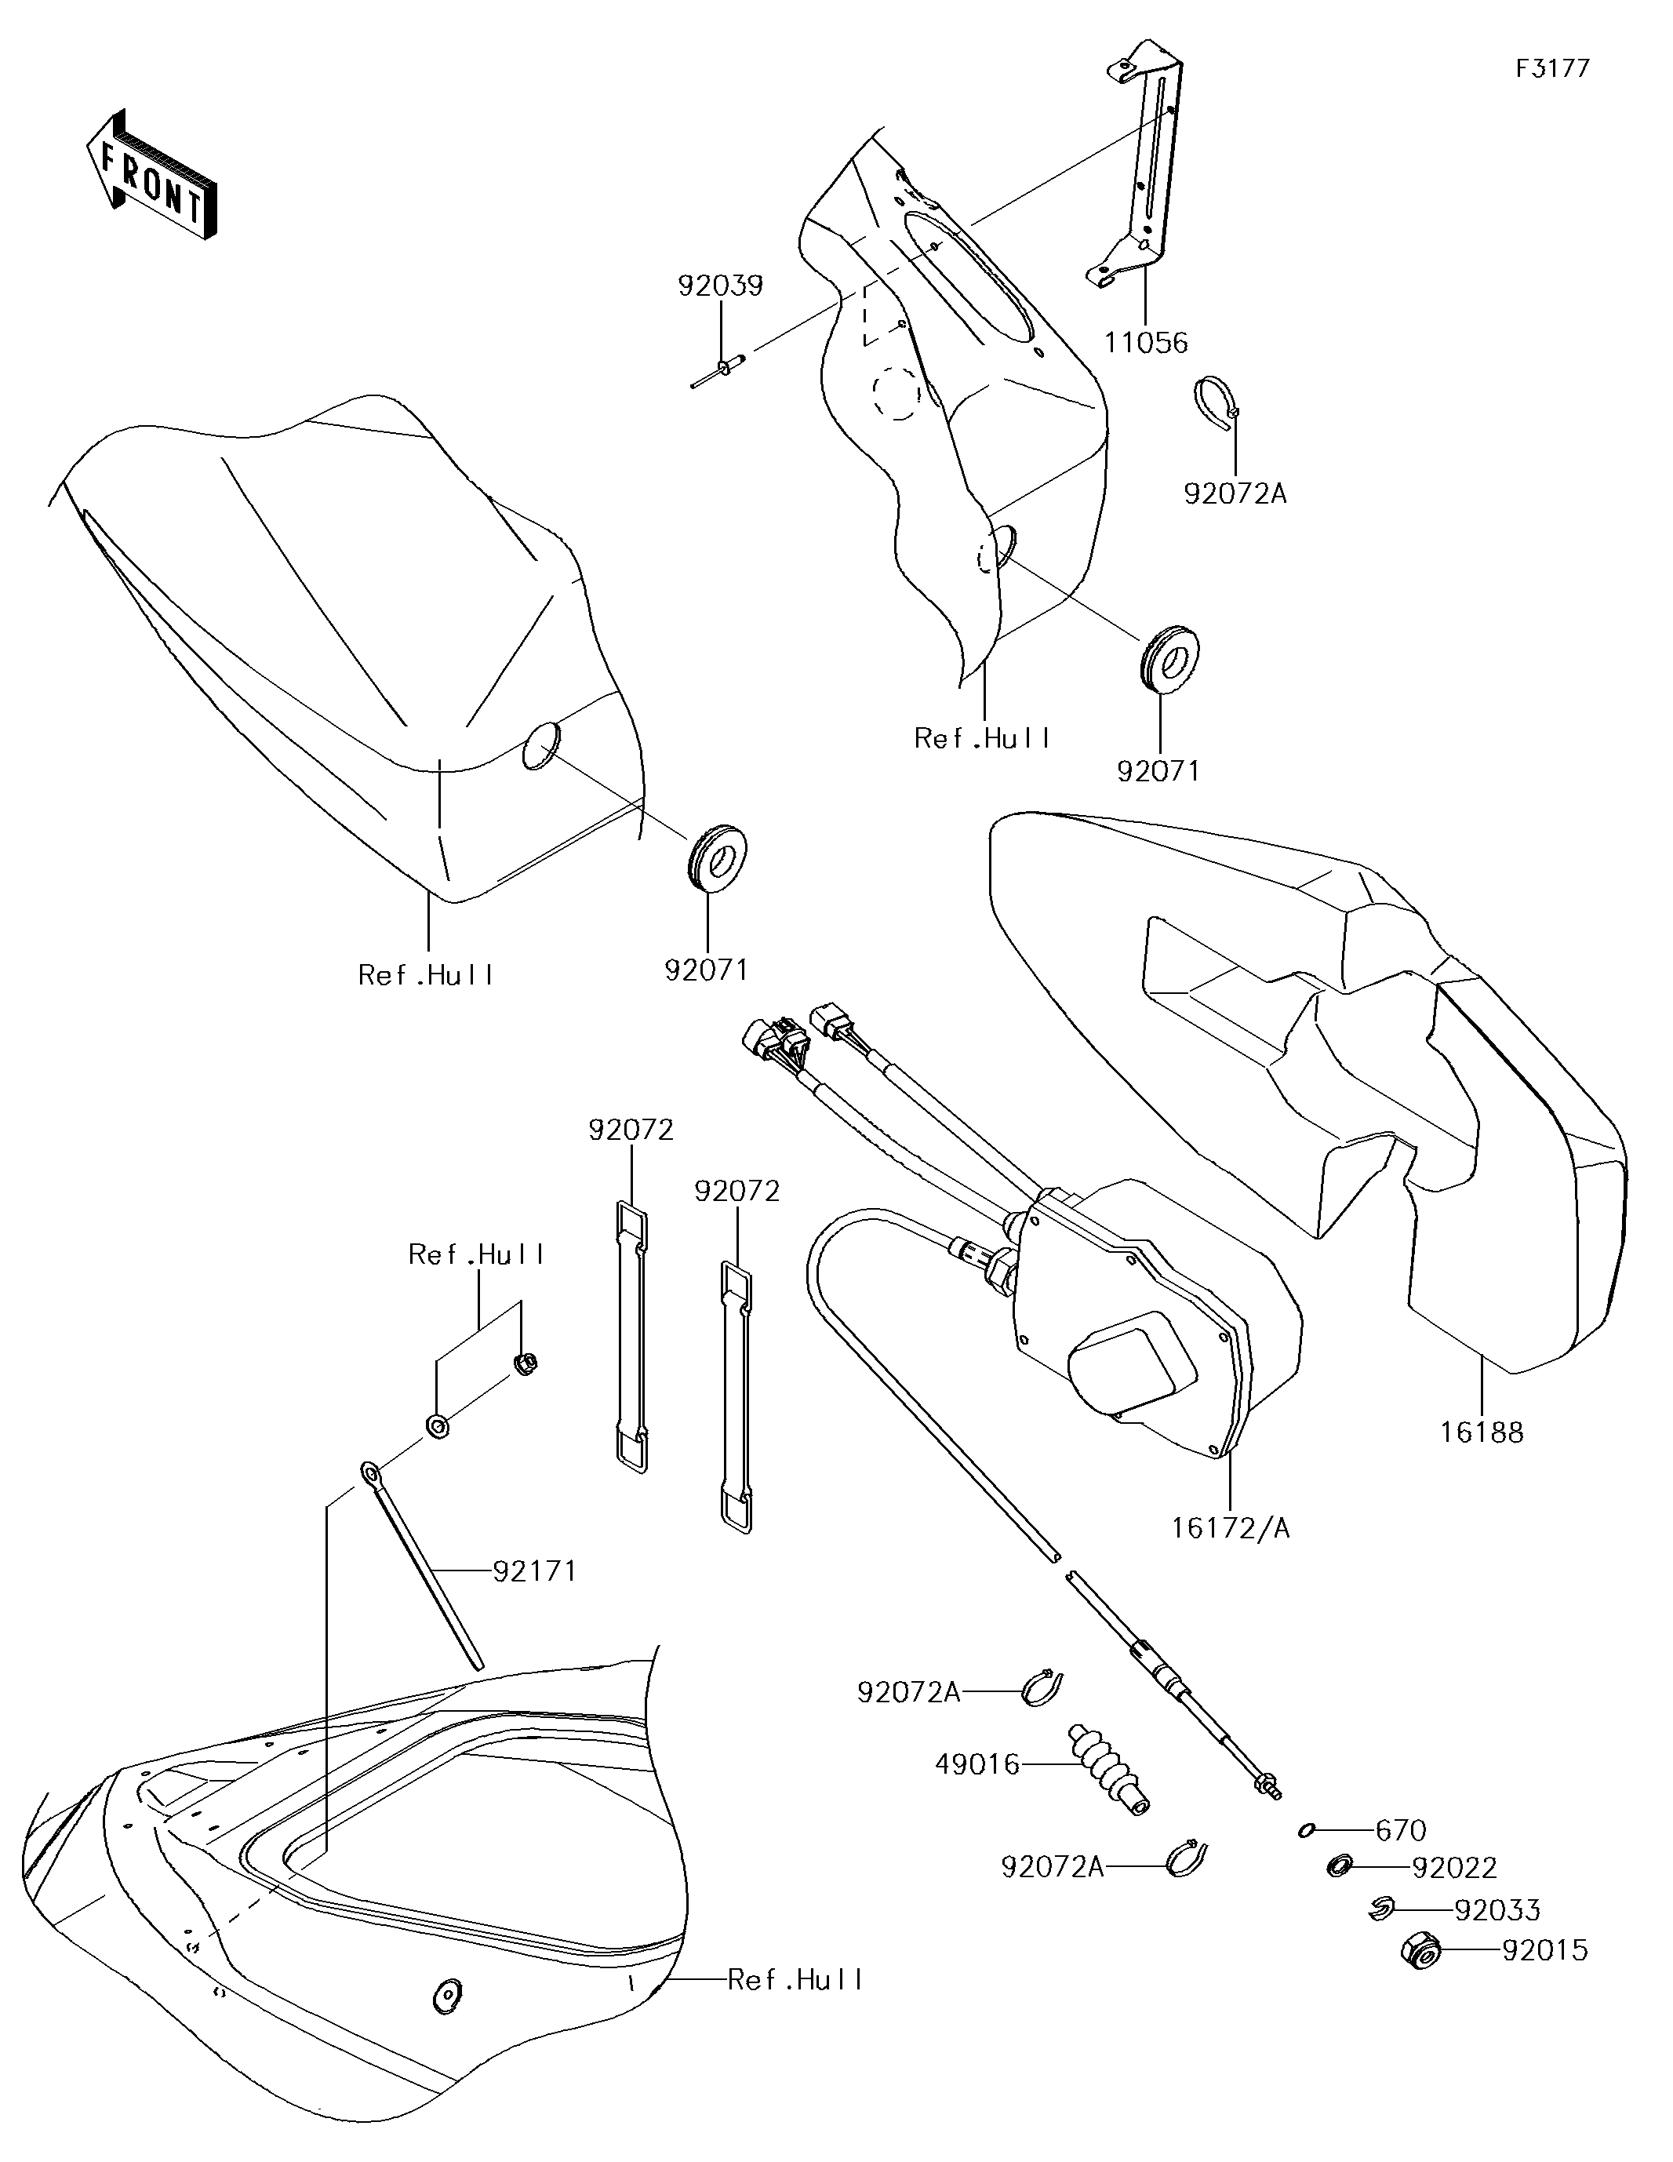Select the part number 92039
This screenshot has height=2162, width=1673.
[x=721, y=286]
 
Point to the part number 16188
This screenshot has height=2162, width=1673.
[x=1482, y=1432]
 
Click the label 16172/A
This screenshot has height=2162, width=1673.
[x=1231, y=1527]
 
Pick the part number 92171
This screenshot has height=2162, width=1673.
[x=535, y=1570]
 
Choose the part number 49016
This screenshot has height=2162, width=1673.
[x=978, y=1764]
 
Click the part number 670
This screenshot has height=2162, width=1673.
[x=1401, y=1830]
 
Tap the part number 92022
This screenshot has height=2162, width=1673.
[x=1454, y=1868]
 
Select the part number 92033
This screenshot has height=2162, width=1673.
[x=1497, y=1909]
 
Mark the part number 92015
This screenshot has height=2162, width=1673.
[x=1544, y=1950]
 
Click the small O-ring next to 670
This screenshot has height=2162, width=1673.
[x=1306, y=1830]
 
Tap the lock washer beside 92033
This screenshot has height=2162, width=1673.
[x=1381, y=1909]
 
